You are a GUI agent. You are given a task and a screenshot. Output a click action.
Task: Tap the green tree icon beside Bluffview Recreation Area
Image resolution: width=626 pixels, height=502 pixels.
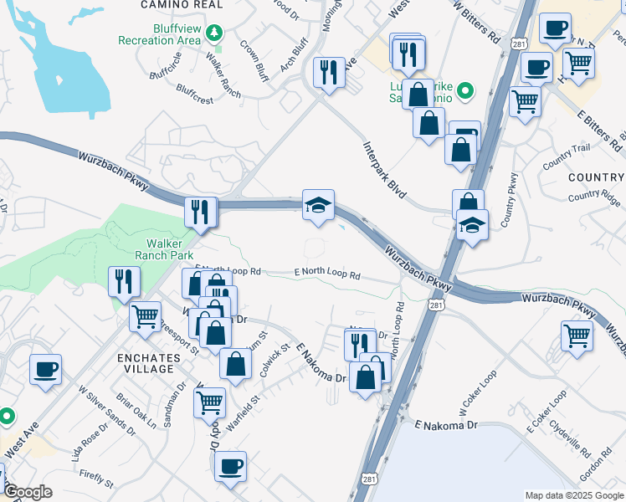point(216,32)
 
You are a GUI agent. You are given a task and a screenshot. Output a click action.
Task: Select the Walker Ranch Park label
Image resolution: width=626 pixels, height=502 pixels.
point(166,248)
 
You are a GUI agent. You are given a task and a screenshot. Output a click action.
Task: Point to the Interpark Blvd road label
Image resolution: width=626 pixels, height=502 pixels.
point(384,168)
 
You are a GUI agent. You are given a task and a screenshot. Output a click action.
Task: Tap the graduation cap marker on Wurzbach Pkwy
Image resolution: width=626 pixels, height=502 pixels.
point(318,206)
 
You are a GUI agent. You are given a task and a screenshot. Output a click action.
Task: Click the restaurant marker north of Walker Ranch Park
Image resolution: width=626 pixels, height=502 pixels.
point(201,212)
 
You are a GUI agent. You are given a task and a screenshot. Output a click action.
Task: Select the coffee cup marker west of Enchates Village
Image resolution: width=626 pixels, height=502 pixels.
point(45,369)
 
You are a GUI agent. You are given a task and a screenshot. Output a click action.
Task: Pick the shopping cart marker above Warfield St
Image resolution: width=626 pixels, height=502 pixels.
point(209,402)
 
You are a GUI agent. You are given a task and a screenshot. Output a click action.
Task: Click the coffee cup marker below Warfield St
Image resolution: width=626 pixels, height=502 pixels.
point(230,466)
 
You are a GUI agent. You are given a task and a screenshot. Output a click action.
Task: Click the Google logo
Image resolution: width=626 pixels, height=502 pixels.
point(28,492)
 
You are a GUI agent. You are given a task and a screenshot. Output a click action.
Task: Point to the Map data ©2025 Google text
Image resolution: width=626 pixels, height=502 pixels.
point(574,495)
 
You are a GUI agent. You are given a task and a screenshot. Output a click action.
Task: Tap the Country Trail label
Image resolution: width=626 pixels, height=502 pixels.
point(566,156)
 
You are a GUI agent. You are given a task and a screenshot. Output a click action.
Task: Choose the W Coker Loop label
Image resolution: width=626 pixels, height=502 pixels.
point(478,392)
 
